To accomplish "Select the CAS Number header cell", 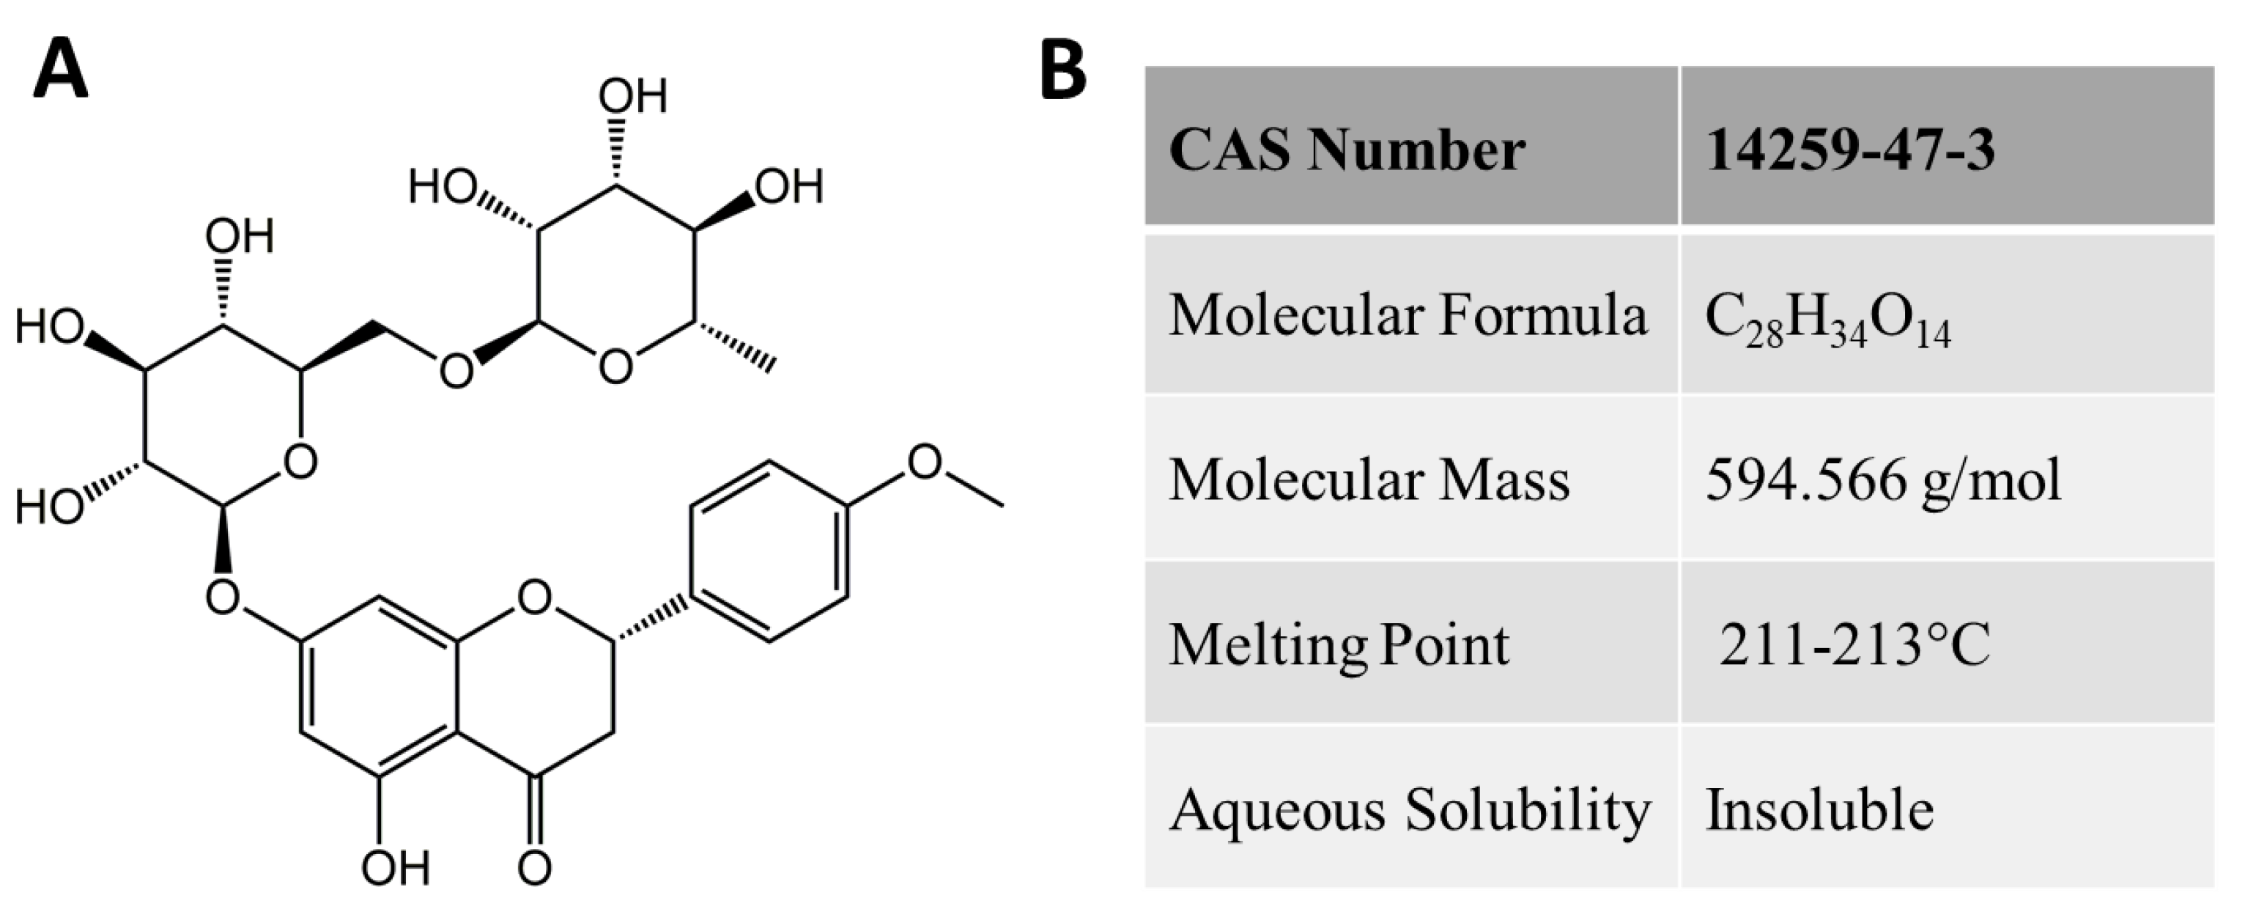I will (1347, 150).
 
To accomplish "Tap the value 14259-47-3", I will (1849, 150).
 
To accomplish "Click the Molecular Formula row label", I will (1408, 315).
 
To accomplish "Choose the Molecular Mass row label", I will (1369, 480).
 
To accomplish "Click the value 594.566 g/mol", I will (1883, 480).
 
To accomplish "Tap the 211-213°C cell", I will (1854, 646).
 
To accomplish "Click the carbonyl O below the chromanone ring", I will (534, 867).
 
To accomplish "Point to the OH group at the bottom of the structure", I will (395, 867).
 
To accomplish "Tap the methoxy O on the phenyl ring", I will (924, 462).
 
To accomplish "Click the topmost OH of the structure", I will (632, 95).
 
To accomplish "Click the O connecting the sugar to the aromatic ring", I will (223, 598).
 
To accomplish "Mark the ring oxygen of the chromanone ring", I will (534, 598).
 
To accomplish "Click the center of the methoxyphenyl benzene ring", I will (769, 552).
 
